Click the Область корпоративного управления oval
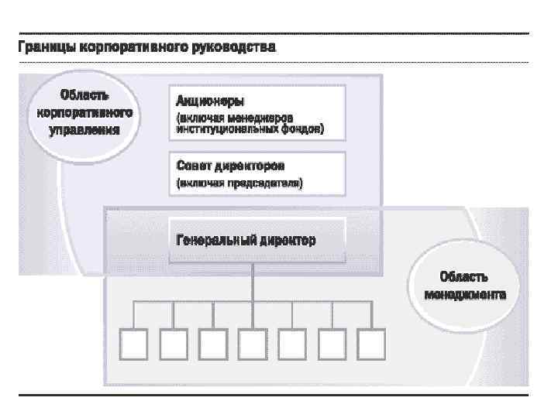point(84,113)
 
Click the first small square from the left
point(133,342)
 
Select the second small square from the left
point(173,342)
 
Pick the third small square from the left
point(212,342)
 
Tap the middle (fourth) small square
point(253,342)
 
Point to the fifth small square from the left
point(292,342)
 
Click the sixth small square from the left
point(332,342)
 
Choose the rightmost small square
point(371,342)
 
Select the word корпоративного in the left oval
point(84,113)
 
